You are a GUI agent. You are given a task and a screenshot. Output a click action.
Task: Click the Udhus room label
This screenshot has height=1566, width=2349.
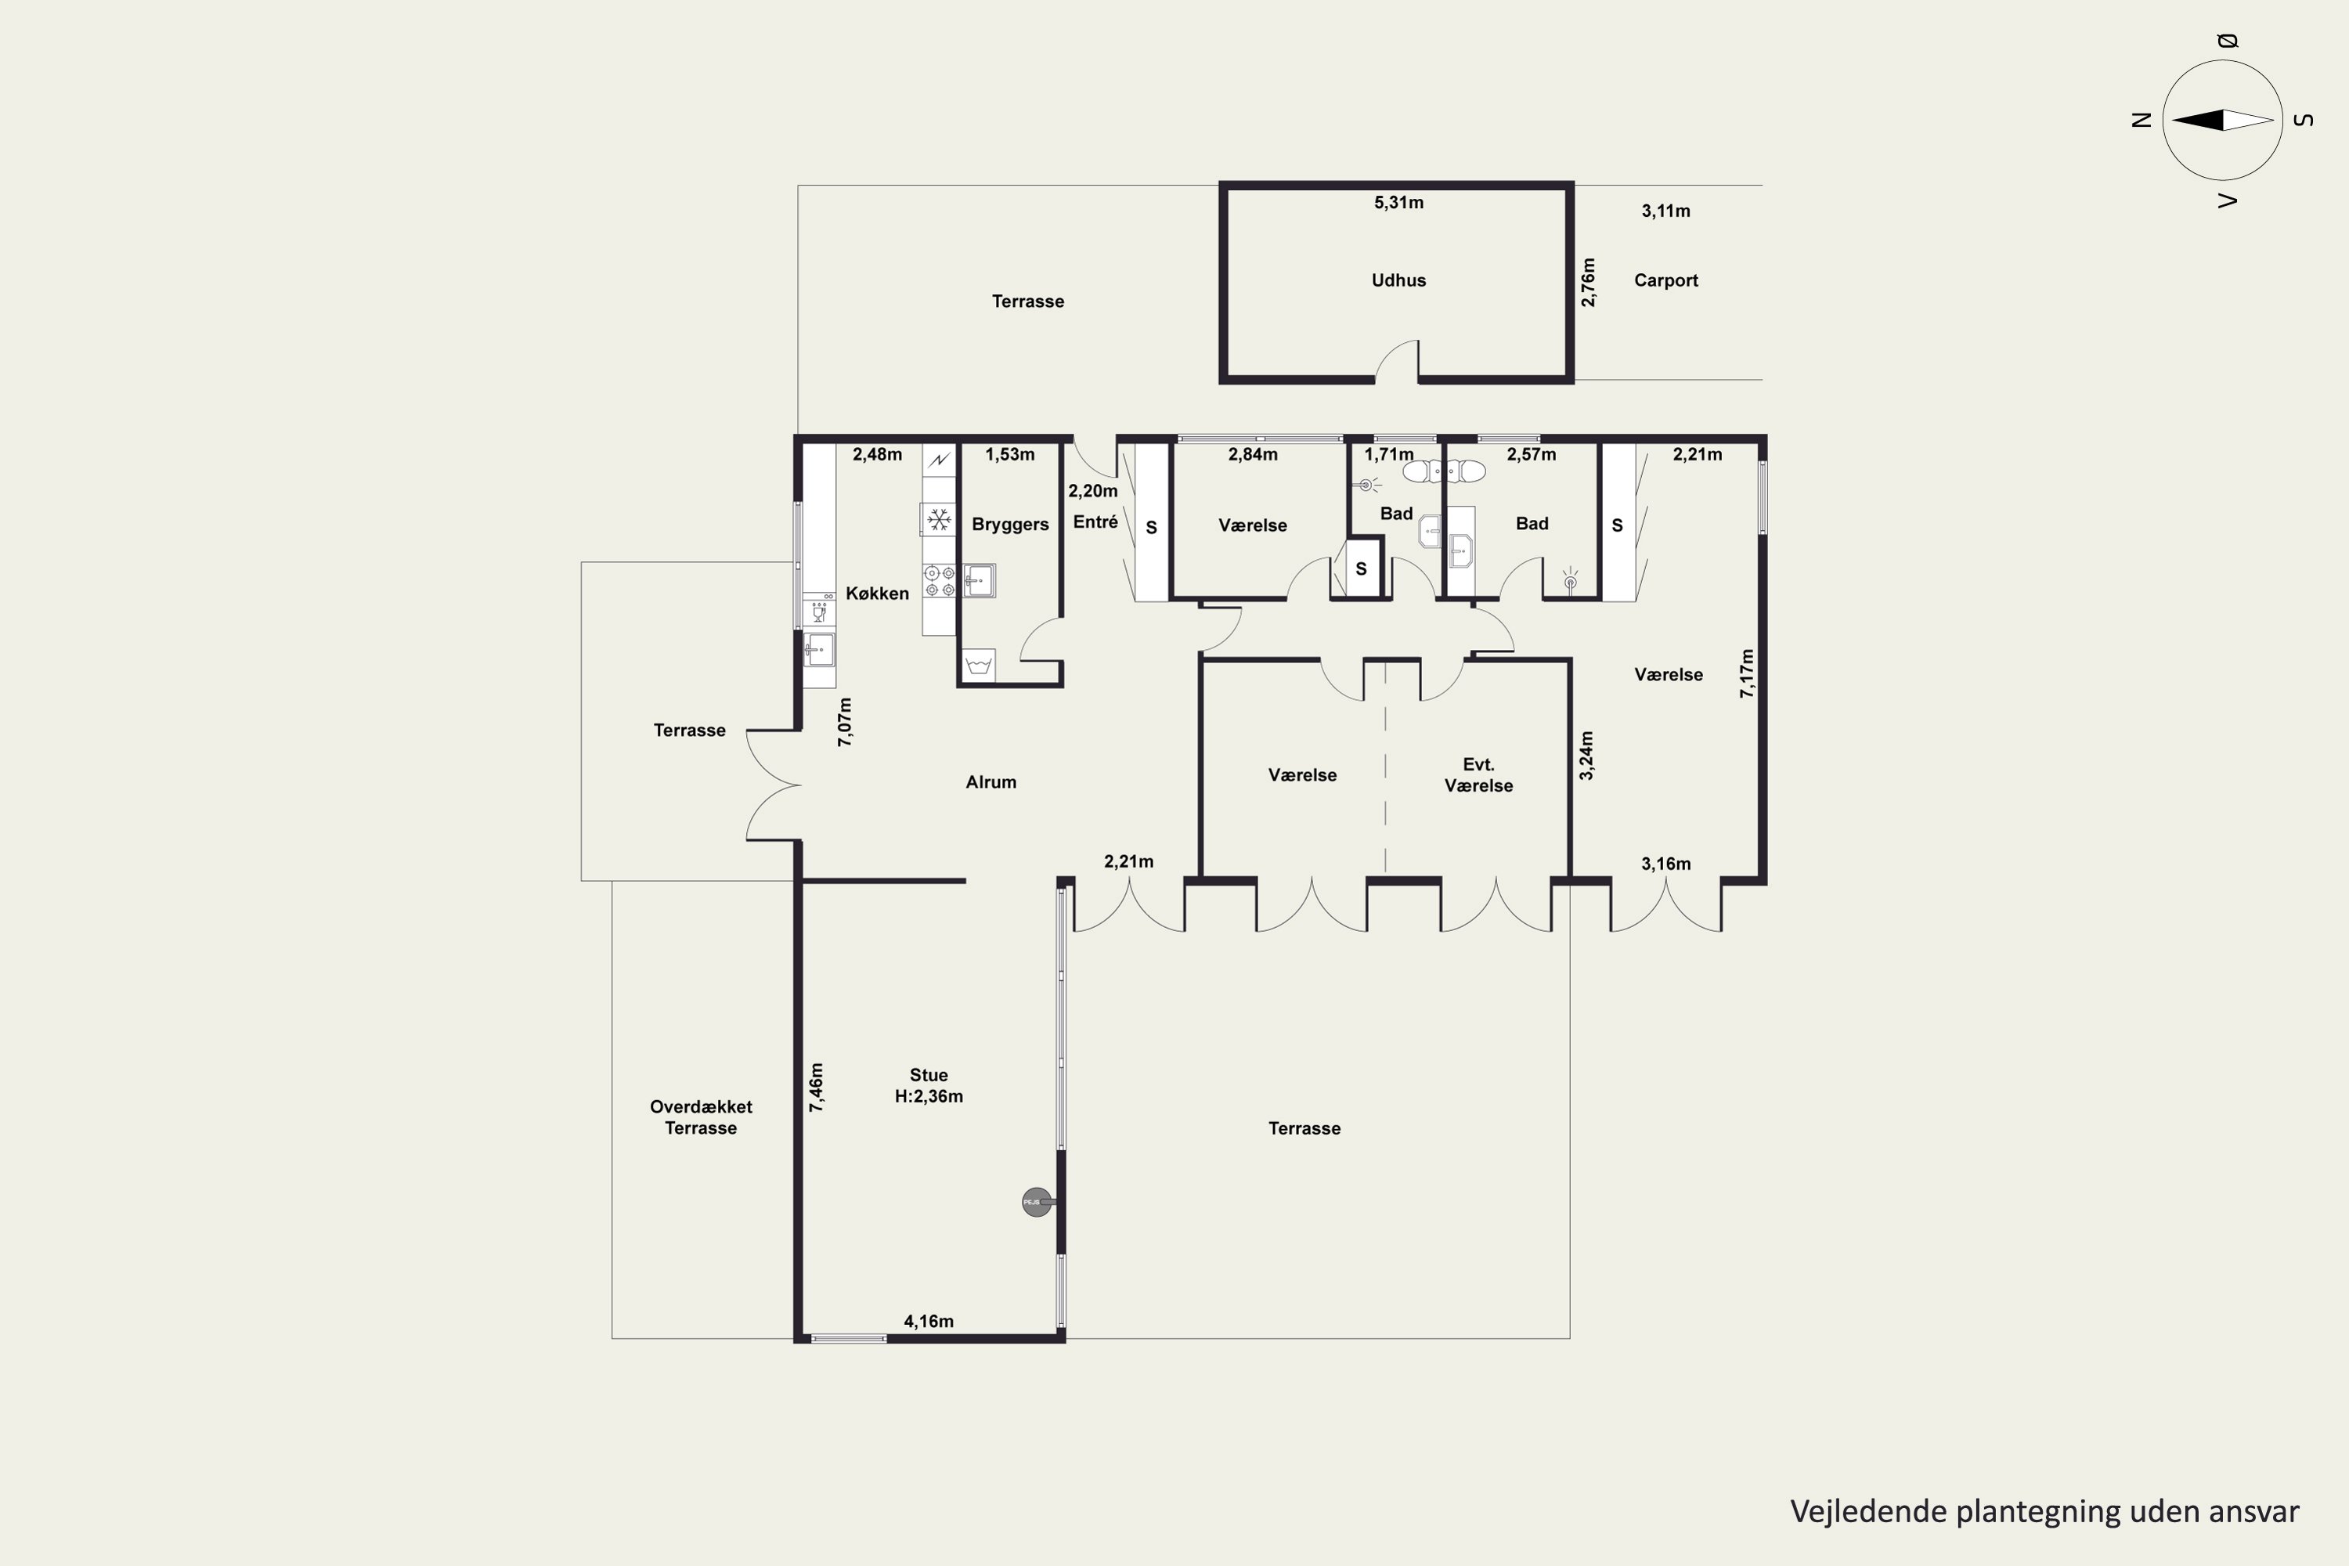pos(1398,280)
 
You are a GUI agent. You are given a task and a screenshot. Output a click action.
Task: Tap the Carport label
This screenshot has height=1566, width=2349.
pos(1666,280)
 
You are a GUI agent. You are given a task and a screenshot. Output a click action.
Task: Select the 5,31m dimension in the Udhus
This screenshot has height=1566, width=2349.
pos(1398,203)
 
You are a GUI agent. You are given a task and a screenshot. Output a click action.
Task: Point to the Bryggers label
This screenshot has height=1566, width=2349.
pos(1010,525)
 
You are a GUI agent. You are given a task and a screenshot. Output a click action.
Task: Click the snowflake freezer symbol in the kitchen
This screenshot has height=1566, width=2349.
pos(939,519)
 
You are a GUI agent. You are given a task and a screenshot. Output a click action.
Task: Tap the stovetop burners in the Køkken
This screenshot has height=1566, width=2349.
pos(939,580)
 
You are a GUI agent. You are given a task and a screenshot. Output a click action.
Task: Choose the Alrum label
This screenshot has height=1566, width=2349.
pos(990,782)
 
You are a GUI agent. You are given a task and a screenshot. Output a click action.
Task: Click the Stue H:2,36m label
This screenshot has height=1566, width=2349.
pos(929,1085)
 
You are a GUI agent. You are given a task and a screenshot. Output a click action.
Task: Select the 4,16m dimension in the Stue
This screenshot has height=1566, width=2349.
pos(929,1322)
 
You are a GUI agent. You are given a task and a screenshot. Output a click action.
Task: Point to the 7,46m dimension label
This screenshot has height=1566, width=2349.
pos(816,1088)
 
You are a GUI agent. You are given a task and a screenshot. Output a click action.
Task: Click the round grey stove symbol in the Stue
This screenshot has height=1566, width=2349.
pos(1037,1201)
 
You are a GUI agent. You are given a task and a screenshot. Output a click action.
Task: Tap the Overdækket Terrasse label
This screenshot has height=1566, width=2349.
pos(700,1117)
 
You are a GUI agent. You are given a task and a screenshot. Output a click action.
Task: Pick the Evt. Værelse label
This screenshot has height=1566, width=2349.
pos(1478,775)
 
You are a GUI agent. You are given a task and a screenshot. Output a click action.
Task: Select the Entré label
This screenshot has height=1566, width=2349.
pos(1095,521)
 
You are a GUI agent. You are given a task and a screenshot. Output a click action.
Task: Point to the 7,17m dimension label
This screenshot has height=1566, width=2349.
pos(1746,674)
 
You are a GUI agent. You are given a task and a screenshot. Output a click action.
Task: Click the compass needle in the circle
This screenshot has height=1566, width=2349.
pos(2222,120)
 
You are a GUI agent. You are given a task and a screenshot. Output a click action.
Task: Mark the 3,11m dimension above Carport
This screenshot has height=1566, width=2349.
pos(1666,211)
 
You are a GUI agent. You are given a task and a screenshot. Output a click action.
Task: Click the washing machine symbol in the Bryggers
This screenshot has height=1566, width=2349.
pos(979,665)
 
